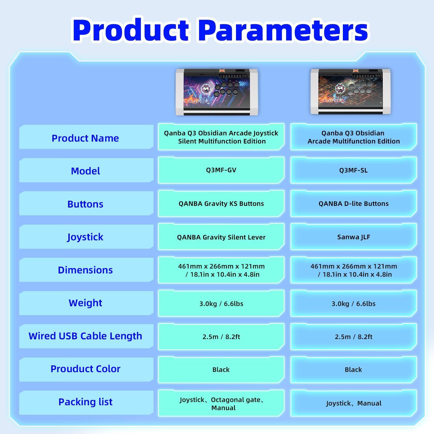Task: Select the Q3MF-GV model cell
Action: tap(221, 170)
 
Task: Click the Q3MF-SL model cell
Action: tap(353, 170)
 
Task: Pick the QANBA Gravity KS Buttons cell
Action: tap(221, 203)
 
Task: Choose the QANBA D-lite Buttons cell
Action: tap(353, 203)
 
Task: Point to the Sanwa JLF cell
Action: tap(353, 237)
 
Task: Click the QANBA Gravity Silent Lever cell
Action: tap(221, 237)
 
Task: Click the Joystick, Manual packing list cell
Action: tap(353, 403)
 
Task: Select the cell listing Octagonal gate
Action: tap(221, 403)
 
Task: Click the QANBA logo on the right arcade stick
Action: tap(334, 101)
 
